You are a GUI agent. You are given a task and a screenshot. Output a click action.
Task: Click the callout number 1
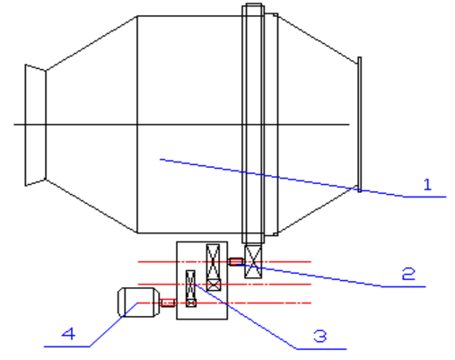pyautogui.click(x=428, y=184)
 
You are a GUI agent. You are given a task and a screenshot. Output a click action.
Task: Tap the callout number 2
pyautogui.click(x=408, y=274)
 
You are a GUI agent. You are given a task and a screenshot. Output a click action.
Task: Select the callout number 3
pyautogui.click(x=320, y=336)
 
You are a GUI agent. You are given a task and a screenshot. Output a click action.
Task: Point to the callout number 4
pyautogui.click(x=68, y=333)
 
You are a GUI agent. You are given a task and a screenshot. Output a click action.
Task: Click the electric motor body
pyautogui.click(x=138, y=303)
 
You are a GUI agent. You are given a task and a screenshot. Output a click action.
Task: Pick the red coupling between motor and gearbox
pyautogui.click(x=168, y=303)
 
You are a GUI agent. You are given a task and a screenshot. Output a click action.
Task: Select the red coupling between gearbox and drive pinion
pyautogui.click(x=236, y=261)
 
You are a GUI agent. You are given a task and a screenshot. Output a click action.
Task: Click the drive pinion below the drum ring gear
pyautogui.click(x=253, y=261)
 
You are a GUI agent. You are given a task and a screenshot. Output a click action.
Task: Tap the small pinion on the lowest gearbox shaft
pyautogui.click(x=191, y=303)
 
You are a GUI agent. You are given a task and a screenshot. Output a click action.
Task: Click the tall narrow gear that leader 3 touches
pyautogui.click(x=190, y=285)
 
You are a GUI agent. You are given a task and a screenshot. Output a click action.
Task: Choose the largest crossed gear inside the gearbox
pyautogui.click(x=213, y=262)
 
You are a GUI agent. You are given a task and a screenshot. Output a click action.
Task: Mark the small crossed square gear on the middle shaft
pyautogui.click(x=214, y=285)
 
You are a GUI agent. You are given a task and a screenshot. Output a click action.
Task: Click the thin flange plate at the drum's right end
pyautogui.click(x=359, y=124)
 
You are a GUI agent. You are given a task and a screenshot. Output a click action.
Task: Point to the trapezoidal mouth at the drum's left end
pyautogui.click(x=35, y=125)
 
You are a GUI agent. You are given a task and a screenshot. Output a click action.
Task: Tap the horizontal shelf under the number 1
pyautogui.click(x=424, y=197)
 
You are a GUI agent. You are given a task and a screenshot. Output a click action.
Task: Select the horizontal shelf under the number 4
pyautogui.click(x=66, y=347)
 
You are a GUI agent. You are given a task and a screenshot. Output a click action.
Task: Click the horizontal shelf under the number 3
pyautogui.click(x=321, y=349)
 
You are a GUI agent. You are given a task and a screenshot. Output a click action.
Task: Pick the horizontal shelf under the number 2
pyautogui.click(x=404, y=286)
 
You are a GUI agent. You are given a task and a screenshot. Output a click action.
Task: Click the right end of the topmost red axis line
pyautogui.click(x=311, y=262)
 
